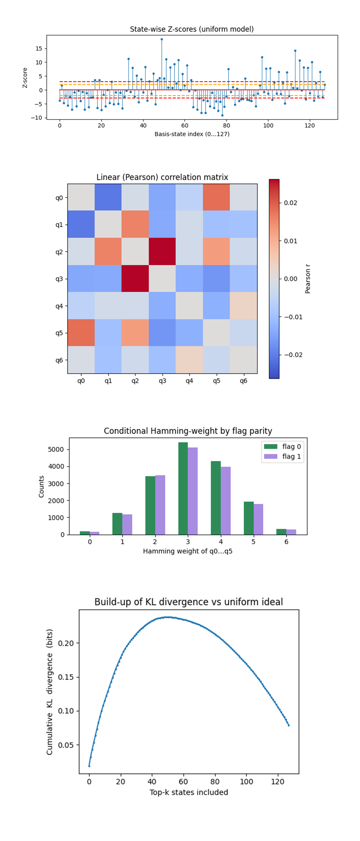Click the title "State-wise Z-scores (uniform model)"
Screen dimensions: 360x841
[x=191, y=29]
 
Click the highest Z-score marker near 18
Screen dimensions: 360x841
[x=161, y=39]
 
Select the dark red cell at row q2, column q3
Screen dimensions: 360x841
[x=162, y=251]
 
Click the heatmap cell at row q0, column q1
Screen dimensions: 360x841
[x=108, y=197]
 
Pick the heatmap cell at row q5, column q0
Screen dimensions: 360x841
[x=81, y=333]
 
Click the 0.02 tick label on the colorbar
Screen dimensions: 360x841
[x=290, y=203]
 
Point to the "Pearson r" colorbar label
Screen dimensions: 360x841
[x=308, y=279]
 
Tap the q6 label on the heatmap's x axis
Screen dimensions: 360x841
[x=243, y=381]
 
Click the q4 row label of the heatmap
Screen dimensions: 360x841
[x=59, y=306]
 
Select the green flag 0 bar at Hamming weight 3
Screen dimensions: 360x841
[x=183, y=488]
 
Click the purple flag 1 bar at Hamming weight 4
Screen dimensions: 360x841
[x=225, y=500]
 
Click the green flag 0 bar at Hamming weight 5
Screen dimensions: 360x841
[x=249, y=518]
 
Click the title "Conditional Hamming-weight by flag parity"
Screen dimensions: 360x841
[x=188, y=431]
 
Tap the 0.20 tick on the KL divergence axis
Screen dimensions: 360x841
[x=66, y=643]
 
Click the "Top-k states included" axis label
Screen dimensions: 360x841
[x=189, y=792]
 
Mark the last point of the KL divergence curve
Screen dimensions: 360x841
[x=289, y=726]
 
